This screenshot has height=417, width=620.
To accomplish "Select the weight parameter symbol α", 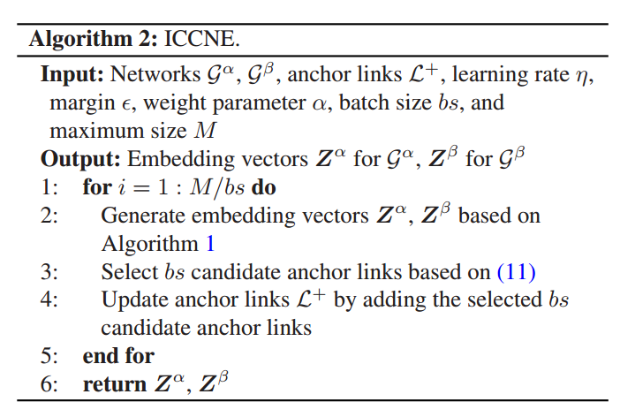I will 319,103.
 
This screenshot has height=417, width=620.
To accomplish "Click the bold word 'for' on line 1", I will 96,188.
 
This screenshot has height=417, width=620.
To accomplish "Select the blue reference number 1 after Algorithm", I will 209,244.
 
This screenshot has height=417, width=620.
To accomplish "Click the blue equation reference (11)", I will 517,272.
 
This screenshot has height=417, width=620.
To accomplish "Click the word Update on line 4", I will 130,300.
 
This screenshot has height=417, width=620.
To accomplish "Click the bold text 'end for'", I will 118,356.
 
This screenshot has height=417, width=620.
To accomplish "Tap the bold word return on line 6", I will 114,384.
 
